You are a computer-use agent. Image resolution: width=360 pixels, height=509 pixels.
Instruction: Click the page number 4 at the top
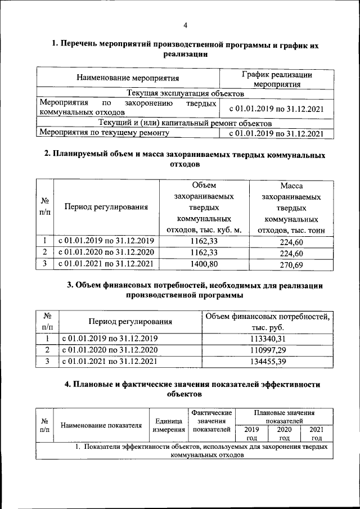[184, 24]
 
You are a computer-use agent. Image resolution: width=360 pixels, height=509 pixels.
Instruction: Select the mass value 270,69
[291, 264]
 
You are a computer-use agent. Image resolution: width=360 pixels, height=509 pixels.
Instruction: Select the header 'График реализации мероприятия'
[277, 79]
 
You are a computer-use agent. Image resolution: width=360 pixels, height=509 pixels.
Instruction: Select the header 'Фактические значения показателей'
[211, 421]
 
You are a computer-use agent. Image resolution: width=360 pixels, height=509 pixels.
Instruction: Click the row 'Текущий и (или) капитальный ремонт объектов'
[185, 123]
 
